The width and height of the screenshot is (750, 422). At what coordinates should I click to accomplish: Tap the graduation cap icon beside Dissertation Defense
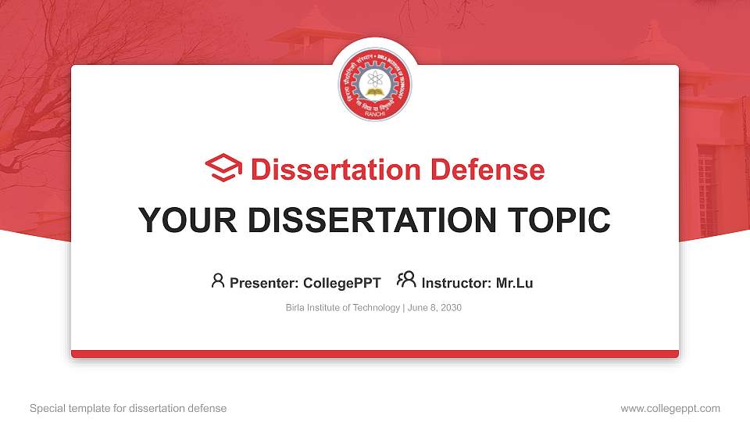pos(223,169)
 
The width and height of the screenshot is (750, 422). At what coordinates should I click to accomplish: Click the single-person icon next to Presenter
pos(218,281)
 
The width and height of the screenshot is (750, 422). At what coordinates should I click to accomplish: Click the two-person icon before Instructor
pos(406,281)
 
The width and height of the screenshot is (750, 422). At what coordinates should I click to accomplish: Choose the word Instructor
pos(455,283)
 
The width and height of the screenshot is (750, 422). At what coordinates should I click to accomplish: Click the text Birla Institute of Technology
pos(343,308)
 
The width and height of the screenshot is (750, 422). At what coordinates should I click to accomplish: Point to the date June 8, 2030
pos(434,308)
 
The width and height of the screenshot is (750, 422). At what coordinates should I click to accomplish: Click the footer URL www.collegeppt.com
pos(670,408)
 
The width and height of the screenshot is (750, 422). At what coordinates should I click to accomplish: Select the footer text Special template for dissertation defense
pos(128,408)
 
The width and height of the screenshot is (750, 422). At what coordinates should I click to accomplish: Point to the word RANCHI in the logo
pos(375,113)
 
